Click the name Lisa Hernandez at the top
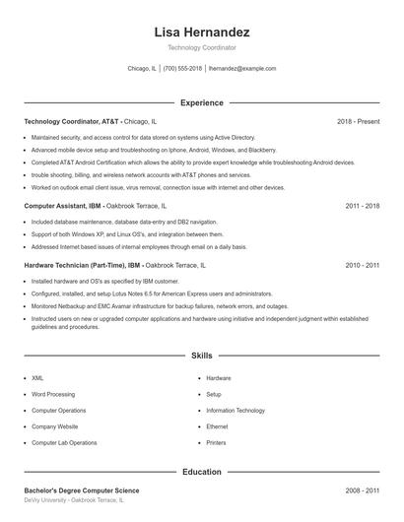point(202,33)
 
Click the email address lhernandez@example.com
point(242,69)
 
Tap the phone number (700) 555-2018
point(182,69)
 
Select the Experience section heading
point(202,102)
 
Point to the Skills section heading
point(202,355)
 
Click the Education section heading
point(202,472)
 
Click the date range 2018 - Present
point(358,121)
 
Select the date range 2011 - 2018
point(362,207)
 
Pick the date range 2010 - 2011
point(362,266)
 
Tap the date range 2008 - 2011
point(362,490)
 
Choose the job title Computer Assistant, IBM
point(62,207)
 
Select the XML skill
point(37,378)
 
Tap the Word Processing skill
point(53,394)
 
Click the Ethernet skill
point(217,426)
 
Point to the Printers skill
point(216,443)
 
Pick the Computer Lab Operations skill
point(64,443)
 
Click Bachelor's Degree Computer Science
point(82,490)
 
